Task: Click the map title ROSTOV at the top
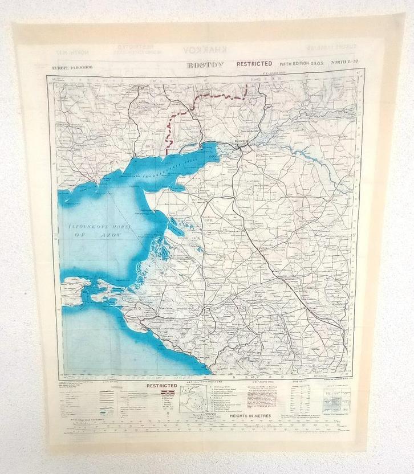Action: point(206,65)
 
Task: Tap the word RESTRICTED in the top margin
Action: point(254,64)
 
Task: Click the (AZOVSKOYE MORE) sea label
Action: point(99,227)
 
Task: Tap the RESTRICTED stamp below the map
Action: point(162,386)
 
